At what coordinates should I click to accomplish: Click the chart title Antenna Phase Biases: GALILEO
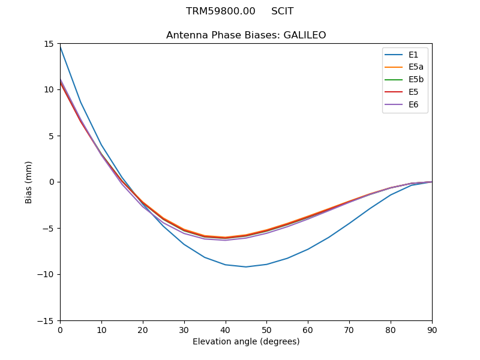pos(246,35)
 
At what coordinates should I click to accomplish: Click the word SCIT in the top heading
pos(282,11)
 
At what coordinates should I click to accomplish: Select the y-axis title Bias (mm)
pos(29,182)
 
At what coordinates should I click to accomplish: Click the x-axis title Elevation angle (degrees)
pos(246,342)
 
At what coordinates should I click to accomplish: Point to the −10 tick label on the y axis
pos(47,275)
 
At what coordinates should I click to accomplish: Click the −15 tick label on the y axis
pos(47,321)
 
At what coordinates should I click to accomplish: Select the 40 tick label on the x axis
pos(225,330)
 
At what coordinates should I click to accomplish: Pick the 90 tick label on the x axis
pos(432,330)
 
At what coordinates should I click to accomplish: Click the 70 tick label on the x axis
pos(349,330)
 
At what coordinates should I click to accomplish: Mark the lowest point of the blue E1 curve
pos(246,267)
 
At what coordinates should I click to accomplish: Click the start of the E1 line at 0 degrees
pos(61,46)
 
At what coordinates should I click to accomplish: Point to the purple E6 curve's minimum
pos(225,241)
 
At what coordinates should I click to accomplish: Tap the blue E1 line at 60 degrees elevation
pos(308,249)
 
